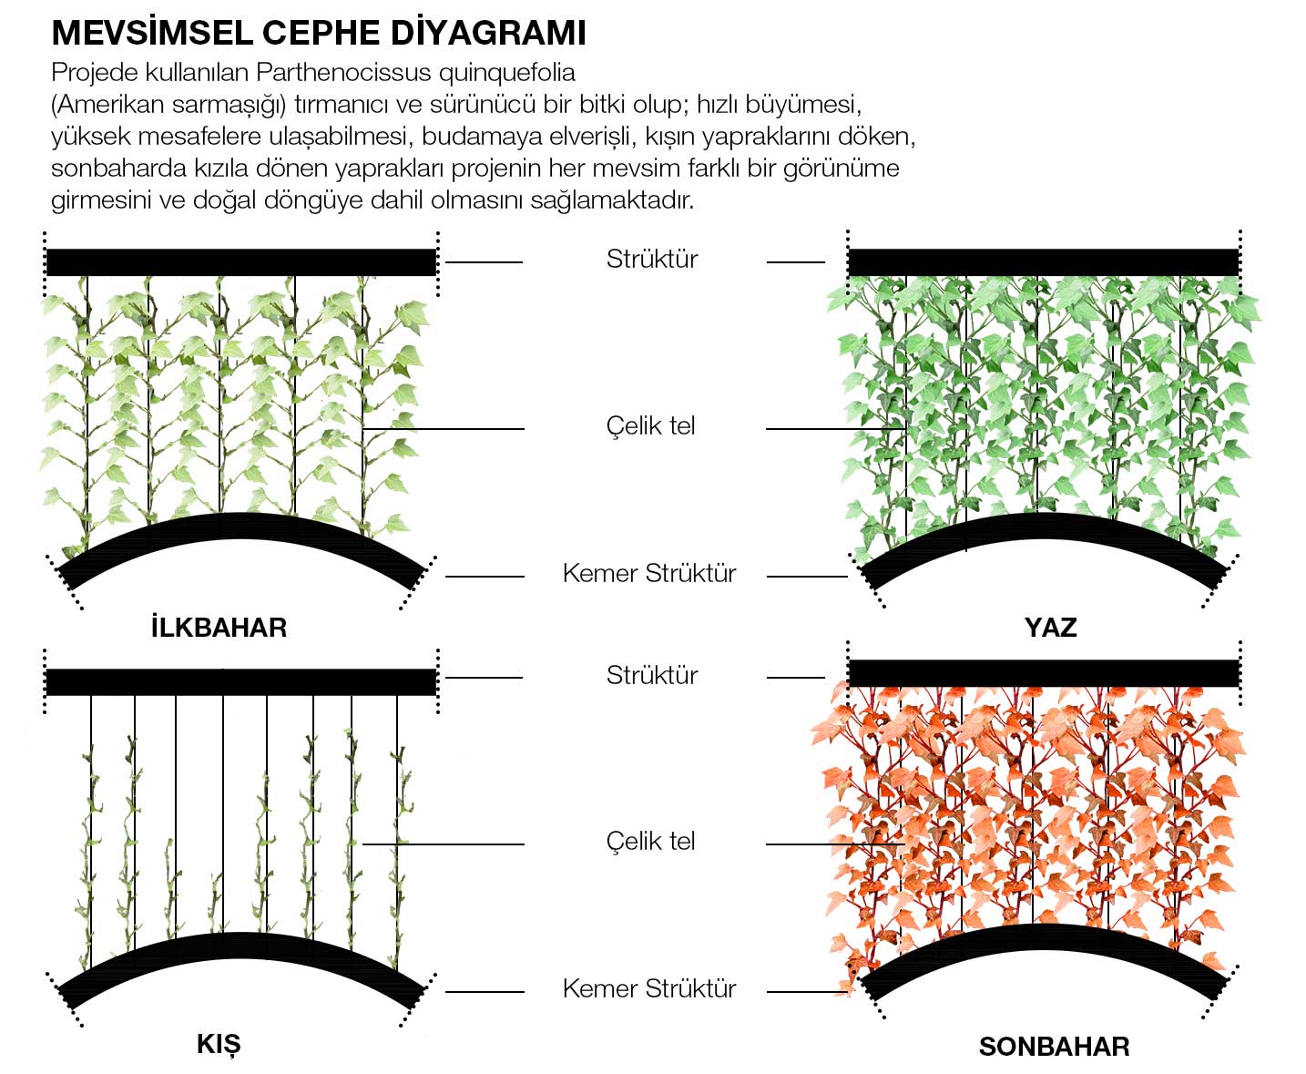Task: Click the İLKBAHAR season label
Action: click(x=219, y=627)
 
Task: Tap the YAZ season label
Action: click(x=1050, y=628)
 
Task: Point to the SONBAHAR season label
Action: click(x=1054, y=1047)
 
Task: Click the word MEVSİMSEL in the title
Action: click(x=152, y=33)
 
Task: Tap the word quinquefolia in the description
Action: click(x=507, y=74)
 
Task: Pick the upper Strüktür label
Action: click(x=652, y=259)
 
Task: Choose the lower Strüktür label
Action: click(x=652, y=674)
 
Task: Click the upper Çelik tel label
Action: click(x=650, y=425)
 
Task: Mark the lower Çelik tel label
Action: click(x=650, y=841)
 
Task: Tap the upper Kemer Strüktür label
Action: click(x=649, y=573)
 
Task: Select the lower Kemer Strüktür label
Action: click(x=649, y=988)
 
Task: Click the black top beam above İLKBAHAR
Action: click(x=241, y=262)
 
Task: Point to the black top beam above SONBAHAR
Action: click(x=1044, y=673)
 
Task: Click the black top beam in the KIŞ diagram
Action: click(x=241, y=682)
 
